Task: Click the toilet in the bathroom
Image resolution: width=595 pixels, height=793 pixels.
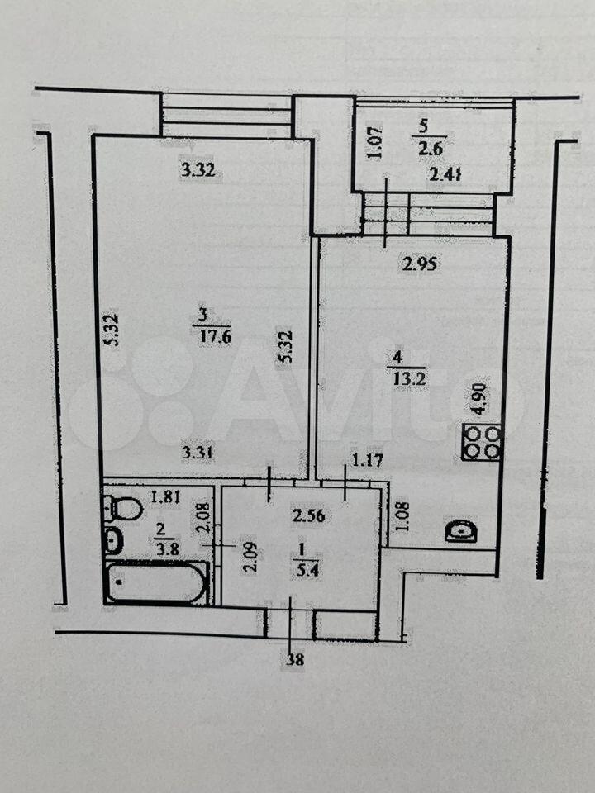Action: (x=123, y=508)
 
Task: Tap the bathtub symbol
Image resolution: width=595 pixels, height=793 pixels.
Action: (x=157, y=583)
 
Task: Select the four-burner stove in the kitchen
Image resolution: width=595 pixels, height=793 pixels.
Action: (x=481, y=443)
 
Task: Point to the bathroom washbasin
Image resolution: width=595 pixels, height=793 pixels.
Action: (x=112, y=539)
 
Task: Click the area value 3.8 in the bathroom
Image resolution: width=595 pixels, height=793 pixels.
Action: (x=167, y=549)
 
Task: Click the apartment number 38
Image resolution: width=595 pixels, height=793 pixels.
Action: (x=295, y=660)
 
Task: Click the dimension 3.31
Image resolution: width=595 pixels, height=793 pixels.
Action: (x=198, y=453)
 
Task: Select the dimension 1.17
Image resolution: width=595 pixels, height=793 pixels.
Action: (x=367, y=461)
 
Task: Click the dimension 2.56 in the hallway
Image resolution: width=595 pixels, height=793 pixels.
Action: (x=309, y=515)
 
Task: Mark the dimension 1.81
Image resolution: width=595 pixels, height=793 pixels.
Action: (x=166, y=497)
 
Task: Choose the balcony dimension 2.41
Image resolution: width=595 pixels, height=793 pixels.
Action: (x=445, y=175)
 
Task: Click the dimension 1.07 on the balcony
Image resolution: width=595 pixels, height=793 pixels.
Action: (x=376, y=143)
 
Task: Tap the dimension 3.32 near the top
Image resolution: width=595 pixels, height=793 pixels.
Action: (x=198, y=170)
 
